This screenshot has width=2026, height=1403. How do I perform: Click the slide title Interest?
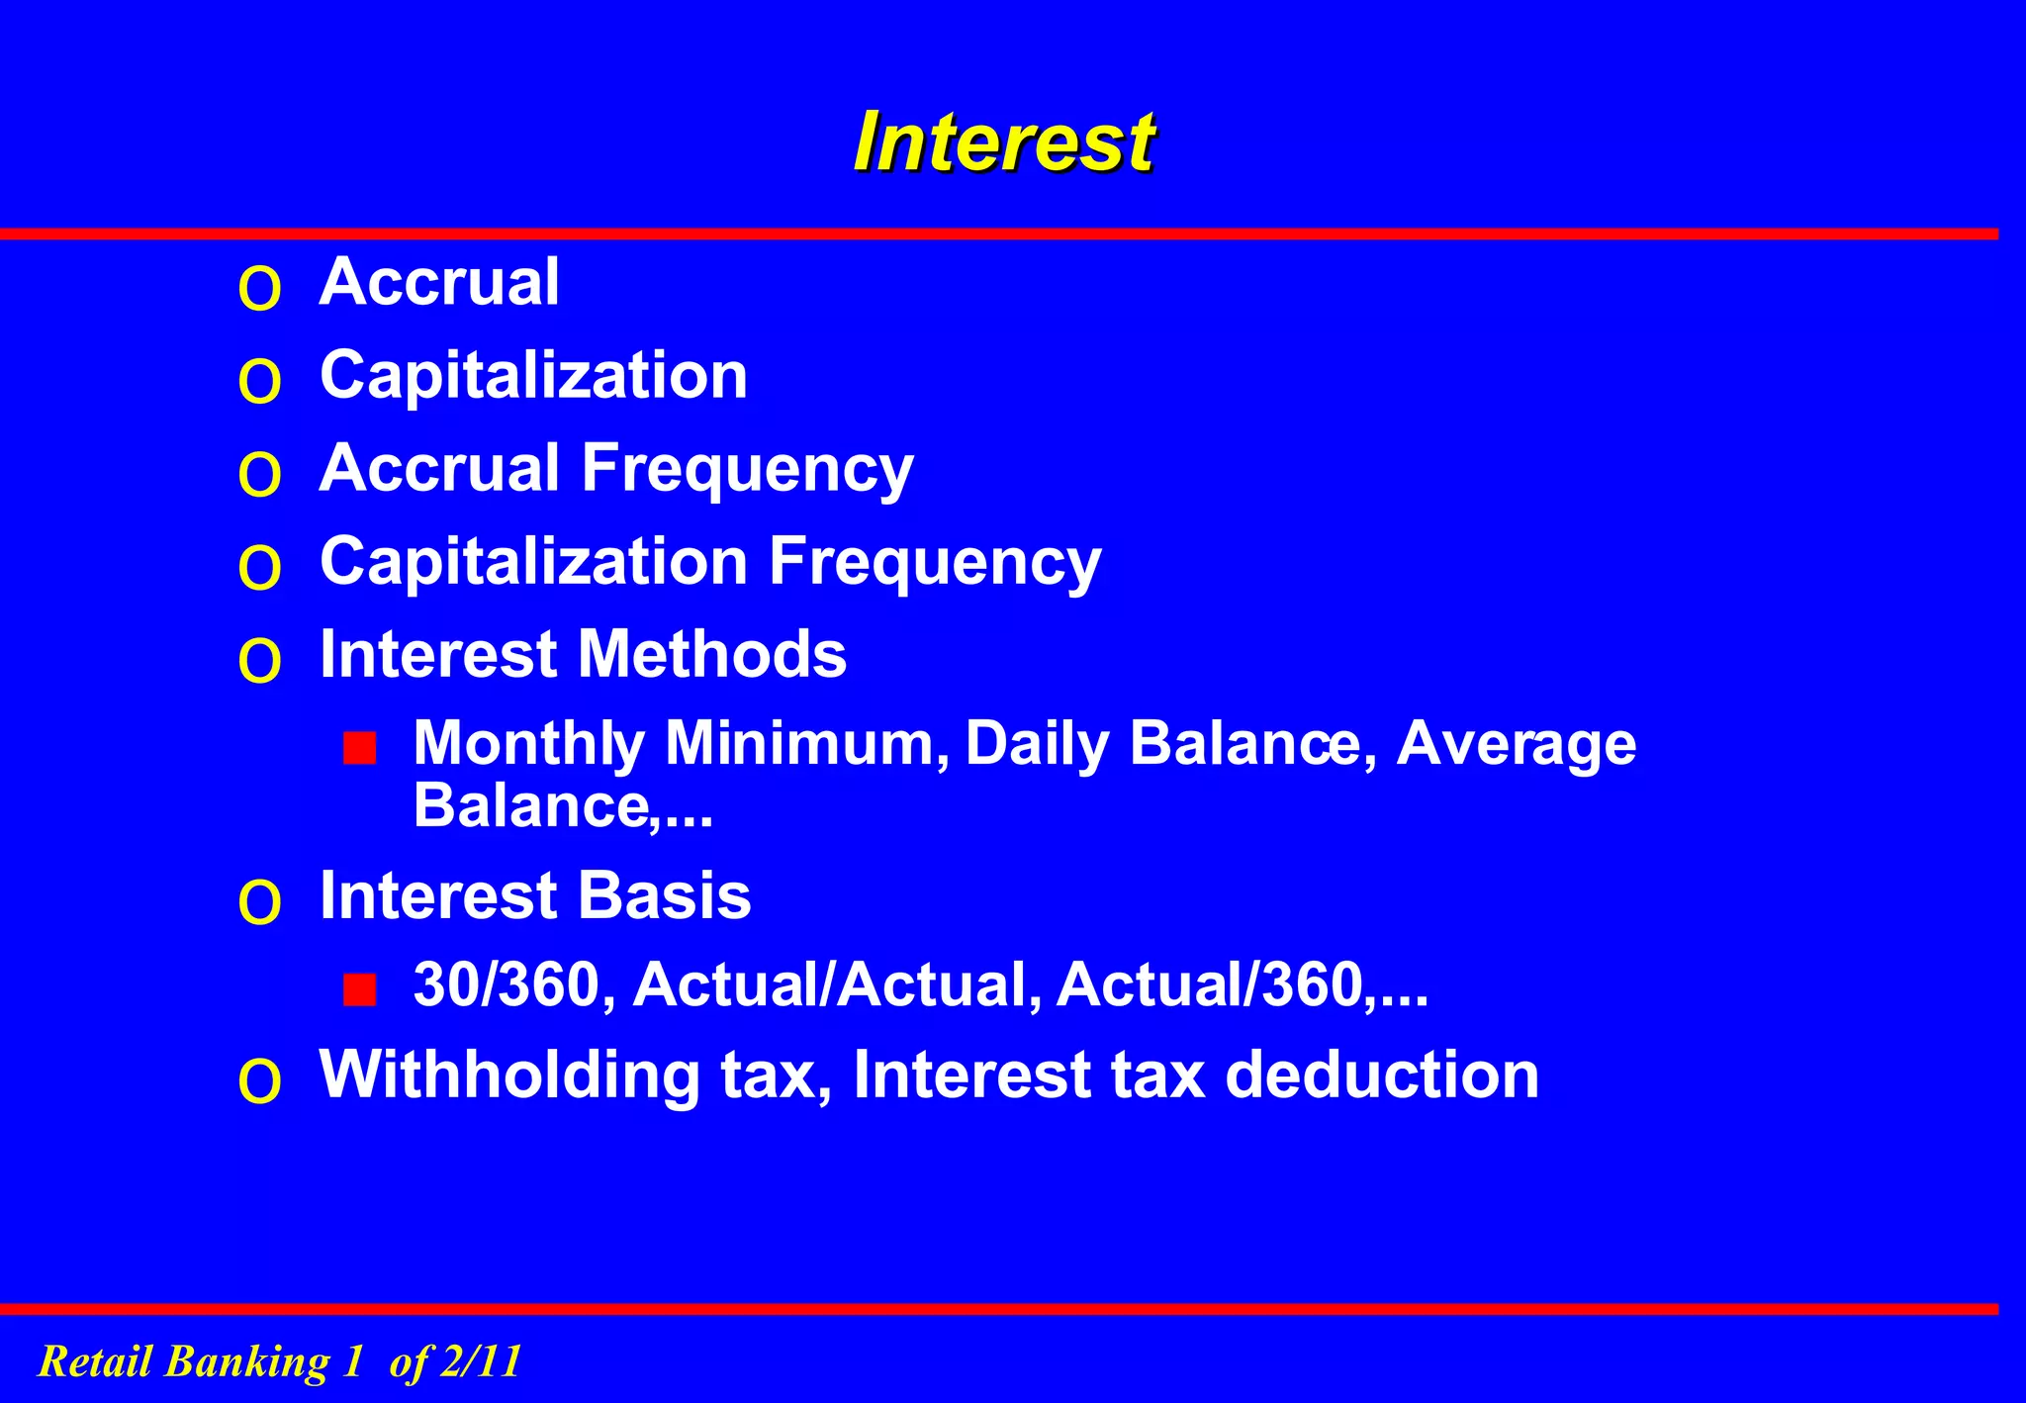coord(1004,142)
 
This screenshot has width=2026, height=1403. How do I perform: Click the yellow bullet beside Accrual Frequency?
coord(260,475)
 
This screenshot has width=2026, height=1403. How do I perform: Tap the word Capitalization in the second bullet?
coord(533,376)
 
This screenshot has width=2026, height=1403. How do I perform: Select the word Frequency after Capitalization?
coord(935,562)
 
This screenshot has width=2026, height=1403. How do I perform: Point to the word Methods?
coord(712,654)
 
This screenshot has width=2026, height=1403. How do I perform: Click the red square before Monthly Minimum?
coord(360,748)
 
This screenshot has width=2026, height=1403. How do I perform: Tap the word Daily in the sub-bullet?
coord(1037,744)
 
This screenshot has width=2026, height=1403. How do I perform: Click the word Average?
coord(1516,744)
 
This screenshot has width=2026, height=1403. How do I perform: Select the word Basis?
coord(664,896)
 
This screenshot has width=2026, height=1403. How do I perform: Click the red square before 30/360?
coord(360,989)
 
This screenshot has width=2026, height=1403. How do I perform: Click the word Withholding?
coord(509,1075)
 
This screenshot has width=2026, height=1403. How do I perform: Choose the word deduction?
coord(1382,1075)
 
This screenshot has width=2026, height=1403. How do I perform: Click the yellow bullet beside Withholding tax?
coord(260,1081)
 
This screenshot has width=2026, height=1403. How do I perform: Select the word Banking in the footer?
coord(247,1361)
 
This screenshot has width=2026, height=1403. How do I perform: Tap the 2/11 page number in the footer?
coord(481,1361)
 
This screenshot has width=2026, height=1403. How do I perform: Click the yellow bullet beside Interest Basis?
coord(260,903)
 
